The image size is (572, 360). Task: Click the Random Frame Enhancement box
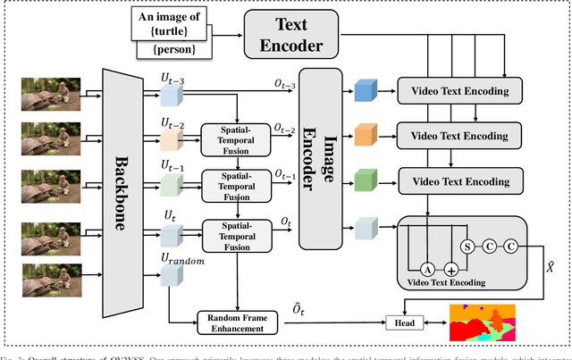pyautogui.click(x=238, y=323)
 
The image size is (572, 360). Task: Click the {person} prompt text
pyautogui.click(x=173, y=51)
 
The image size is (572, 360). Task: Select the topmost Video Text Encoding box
pyautogui.click(x=458, y=91)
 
